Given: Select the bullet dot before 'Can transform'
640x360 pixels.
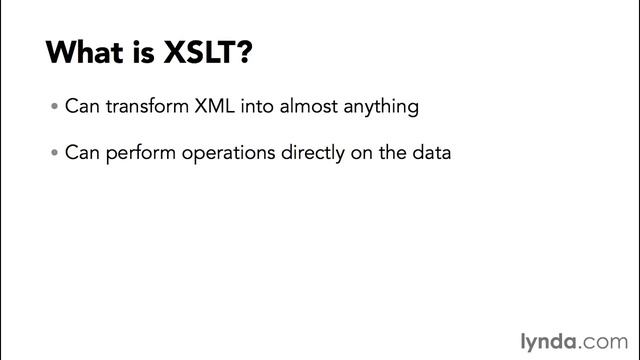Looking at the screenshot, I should [x=54, y=107].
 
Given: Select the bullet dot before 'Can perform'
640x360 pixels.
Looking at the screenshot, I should [x=54, y=155].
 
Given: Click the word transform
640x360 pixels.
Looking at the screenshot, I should [x=145, y=106].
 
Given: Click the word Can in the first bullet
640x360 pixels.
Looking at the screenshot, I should [x=81, y=106].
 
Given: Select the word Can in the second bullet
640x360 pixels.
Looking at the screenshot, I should [x=81, y=154].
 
